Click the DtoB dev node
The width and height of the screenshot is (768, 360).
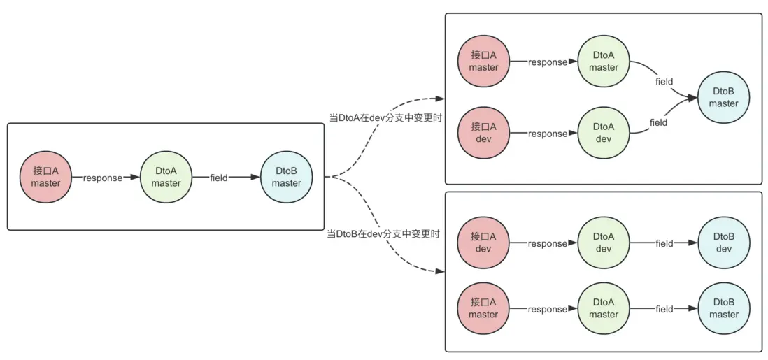(x=724, y=243)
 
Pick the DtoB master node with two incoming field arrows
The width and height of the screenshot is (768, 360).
(x=724, y=98)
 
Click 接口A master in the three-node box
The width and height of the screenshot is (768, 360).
(x=45, y=178)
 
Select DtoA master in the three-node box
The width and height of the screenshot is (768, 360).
(x=166, y=178)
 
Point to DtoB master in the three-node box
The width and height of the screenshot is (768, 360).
(x=286, y=178)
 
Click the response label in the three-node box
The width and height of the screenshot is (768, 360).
(x=102, y=178)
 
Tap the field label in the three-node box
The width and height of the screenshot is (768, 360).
(x=219, y=178)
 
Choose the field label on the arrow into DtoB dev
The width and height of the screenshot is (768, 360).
(x=664, y=243)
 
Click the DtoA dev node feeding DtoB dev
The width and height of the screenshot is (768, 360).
(x=604, y=243)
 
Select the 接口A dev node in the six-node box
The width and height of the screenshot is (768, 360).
(x=483, y=243)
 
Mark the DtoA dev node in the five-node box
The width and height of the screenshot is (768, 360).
(x=604, y=133)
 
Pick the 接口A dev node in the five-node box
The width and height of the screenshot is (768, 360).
(x=483, y=133)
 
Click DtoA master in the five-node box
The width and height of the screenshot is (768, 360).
(x=604, y=62)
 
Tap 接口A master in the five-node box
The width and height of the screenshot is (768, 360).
(x=483, y=62)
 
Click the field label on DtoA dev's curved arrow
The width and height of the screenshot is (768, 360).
(x=658, y=122)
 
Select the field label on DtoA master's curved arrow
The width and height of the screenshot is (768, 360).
(x=664, y=82)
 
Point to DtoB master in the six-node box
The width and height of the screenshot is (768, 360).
(x=724, y=308)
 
